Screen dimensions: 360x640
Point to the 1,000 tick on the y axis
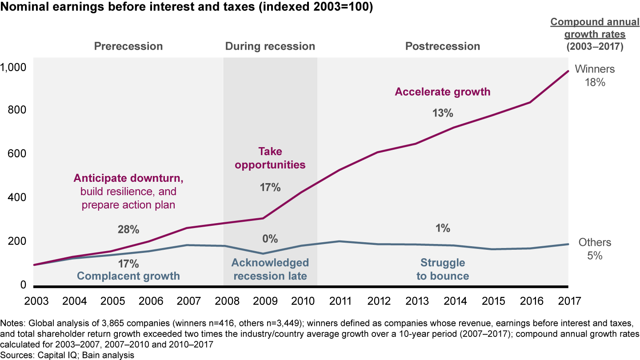(14, 67)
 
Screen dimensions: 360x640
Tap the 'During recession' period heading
(270, 46)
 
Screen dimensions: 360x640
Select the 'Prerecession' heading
(128, 46)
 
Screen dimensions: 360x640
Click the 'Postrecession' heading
(442, 46)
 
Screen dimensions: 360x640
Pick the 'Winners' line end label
(595, 69)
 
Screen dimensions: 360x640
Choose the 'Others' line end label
(595, 243)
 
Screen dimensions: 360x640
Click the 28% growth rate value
(128, 230)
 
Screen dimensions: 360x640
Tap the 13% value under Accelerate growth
(442, 113)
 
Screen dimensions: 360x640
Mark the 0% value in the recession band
(270, 239)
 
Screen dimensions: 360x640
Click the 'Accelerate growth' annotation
(442, 92)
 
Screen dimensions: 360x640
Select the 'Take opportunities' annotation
(270, 158)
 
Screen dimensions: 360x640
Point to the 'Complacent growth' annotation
(128, 276)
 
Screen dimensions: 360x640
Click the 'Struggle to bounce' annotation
(442, 269)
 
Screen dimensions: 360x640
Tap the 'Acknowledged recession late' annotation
(270, 269)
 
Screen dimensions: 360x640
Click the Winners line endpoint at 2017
(568, 71)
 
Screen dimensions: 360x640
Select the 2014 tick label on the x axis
(456, 301)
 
